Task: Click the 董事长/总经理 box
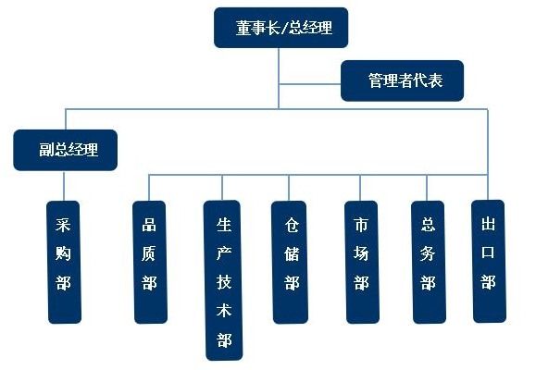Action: click(281, 28)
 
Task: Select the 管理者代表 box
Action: click(403, 80)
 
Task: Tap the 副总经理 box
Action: click(66, 150)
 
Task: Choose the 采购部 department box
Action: click(64, 262)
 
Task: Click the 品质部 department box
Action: click(150, 262)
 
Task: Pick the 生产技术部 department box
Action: click(223, 280)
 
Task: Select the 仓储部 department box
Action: click(290, 262)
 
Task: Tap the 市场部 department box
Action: click(362, 262)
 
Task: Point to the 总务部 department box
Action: click(429, 262)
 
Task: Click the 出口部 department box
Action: click(489, 262)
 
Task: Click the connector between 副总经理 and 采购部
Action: click(64, 186)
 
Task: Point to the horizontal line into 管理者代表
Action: click(310, 83)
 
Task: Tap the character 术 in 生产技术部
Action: click(224, 310)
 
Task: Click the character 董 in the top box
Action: click(244, 28)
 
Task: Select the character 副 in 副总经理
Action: click(46, 150)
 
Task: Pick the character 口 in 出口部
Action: click(488, 253)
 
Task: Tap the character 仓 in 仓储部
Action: click(292, 225)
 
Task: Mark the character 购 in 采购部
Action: click(63, 253)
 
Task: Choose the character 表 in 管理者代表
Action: click(435, 80)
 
